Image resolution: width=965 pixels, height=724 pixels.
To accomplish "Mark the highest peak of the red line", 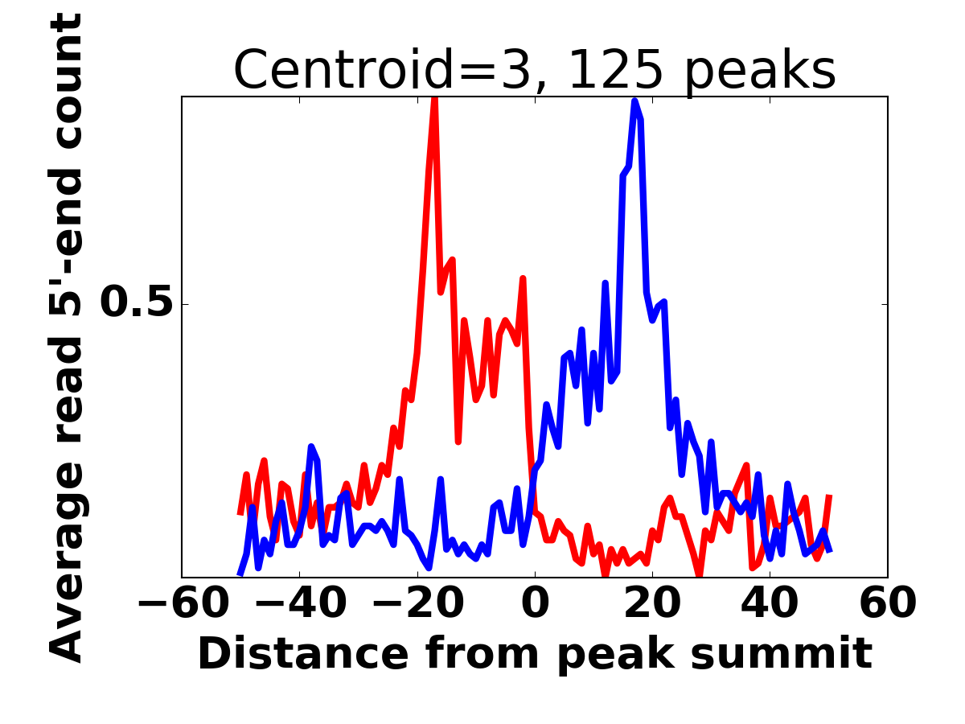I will (434, 99).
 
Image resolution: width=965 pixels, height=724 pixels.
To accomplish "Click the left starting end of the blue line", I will (240, 574).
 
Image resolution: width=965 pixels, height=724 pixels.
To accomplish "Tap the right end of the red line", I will (829, 496).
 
